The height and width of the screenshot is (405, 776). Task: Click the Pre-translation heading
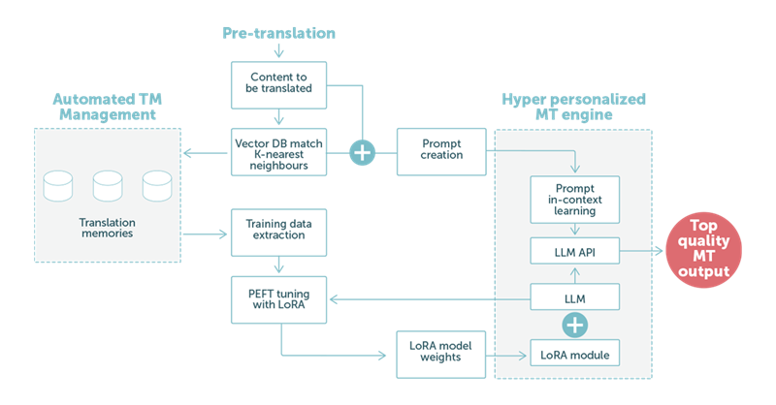tap(278, 33)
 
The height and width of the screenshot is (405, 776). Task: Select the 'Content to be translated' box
tap(278, 83)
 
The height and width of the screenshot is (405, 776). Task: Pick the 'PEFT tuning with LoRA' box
tap(278, 301)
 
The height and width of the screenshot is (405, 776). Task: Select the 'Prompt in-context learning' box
tap(574, 198)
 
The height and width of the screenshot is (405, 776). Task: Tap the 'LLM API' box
tap(574, 254)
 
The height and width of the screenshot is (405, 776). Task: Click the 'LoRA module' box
tap(574, 355)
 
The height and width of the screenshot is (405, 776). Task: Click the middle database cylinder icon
tap(108, 185)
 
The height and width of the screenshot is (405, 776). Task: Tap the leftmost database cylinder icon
tap(58, 185)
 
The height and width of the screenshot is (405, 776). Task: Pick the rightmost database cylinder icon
tap(156, 185)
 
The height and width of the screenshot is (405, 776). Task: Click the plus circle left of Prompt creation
tap(362, 151)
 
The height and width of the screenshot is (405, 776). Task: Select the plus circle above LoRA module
tap(574, 323)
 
